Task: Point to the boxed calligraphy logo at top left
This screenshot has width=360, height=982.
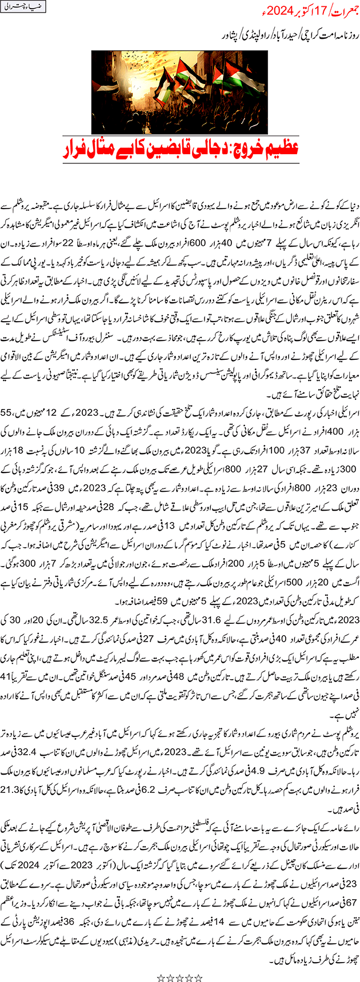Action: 25,9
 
